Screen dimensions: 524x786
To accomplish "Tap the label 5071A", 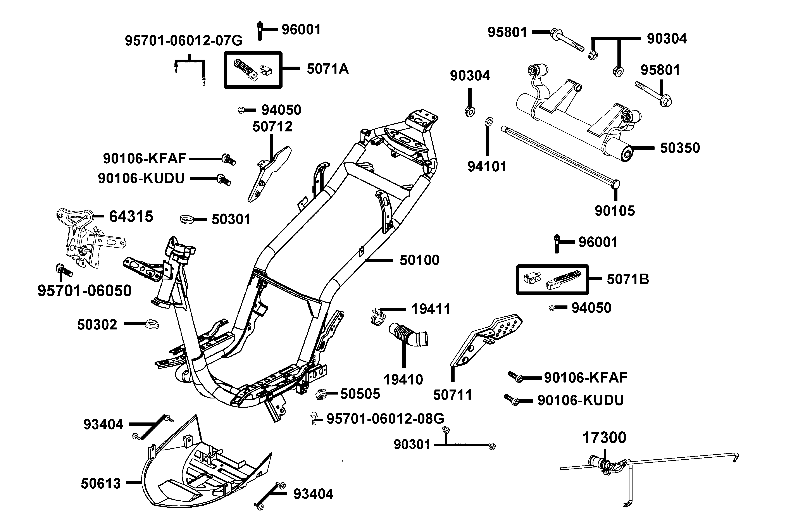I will tap(327, 69).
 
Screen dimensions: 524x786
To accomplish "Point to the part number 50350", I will tap(680, 148).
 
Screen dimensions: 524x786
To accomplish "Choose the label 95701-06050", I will tap(84, 291).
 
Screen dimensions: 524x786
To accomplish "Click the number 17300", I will tap(604, 438).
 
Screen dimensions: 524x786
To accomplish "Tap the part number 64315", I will tap(131, 217).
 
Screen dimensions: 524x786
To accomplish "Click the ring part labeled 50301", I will tap(187, 220).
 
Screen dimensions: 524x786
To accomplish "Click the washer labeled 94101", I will tap(488, 121).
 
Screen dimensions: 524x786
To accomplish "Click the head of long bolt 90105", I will tap(615, 184).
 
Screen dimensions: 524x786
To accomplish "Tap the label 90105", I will tap(615, 211).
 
